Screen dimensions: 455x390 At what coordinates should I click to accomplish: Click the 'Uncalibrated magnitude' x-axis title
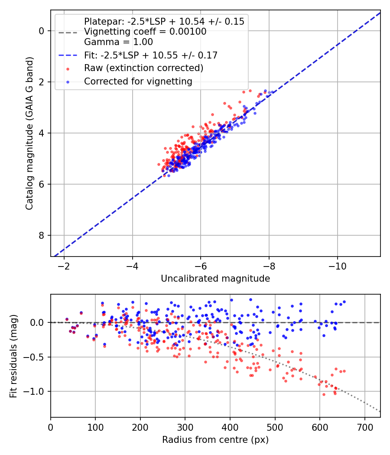pos(215,279)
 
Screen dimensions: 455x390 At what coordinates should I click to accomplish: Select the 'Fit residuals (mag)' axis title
pos(13,356)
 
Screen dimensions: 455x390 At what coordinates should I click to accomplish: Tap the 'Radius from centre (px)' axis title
pos(215,440)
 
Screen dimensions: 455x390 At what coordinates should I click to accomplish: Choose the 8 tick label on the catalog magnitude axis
pos(42,235)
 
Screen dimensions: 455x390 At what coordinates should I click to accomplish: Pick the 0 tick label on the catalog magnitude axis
pos(42,31)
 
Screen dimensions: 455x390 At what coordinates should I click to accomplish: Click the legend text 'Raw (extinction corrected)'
pos(143,68)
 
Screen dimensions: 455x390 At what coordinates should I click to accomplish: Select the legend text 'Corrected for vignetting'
pos(138,81)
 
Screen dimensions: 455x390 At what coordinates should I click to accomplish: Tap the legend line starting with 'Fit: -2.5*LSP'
pos(150,55)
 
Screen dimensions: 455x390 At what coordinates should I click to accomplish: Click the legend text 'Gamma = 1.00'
pos(118,42)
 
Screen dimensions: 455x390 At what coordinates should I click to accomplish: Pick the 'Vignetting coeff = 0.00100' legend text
pos(145,32)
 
